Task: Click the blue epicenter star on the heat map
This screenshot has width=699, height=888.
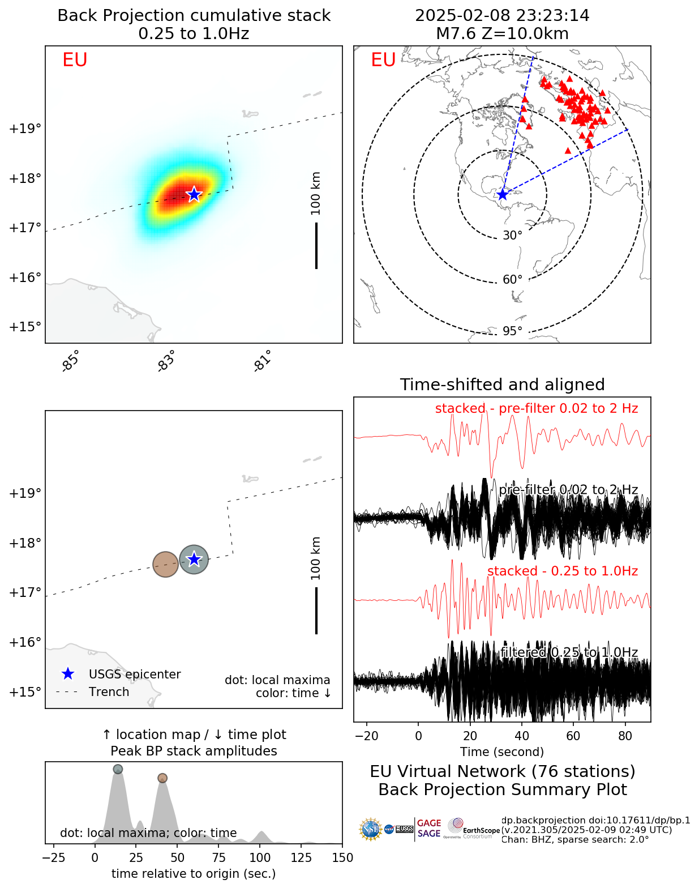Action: click(194, 194)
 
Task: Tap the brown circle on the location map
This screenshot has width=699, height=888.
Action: click(165, 564)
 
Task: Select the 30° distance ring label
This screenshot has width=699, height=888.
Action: click(512, 236)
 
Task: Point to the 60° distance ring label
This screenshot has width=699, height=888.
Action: click(512, 280)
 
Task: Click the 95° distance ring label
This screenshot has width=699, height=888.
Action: click(512, 331)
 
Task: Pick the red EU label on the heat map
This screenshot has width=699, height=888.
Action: click(75, 60)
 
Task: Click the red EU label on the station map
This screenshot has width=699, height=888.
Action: click(383, 60)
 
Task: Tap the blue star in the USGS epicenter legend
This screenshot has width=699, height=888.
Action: click(68, 674)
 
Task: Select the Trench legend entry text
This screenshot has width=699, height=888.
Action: click(109, 692)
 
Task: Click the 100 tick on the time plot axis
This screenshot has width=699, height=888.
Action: click(260, 858)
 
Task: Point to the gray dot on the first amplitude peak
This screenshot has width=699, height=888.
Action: click(118, 769)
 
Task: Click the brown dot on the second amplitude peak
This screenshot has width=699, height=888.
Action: click(162, 778)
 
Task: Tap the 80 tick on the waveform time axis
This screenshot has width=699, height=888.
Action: click(625, 736)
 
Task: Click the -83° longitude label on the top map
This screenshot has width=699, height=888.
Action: click(166, 361)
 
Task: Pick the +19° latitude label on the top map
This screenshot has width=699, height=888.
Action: click(25, 129)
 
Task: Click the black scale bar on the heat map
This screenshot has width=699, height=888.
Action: click(316, 245)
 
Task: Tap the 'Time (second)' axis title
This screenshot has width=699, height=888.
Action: click(502, 752)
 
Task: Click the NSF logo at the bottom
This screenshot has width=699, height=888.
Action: click(371, 830)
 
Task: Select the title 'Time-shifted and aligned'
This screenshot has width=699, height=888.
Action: click(502, 385)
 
